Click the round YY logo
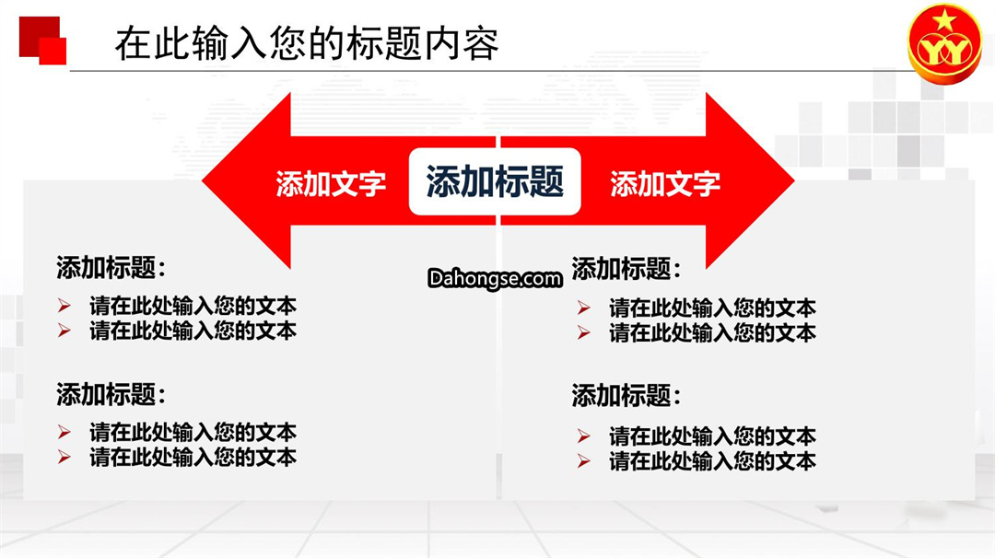[x=945, y=43]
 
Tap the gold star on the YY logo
[x=944, y=21]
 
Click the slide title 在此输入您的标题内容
[x=307, y=44]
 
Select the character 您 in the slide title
[x=288, y=44]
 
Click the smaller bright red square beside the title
[x=53, y=51]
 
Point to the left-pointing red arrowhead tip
[x=203, y=180]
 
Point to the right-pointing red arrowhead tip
[x=794, y=180]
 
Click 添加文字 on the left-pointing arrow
[x=331, y=184]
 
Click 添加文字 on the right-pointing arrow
[x=665, y=184]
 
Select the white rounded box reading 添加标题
[x=495, y=181]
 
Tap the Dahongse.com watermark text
[x=495, y=279]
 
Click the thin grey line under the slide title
[x=492, y=71]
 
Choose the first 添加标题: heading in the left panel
[x=111, y=268]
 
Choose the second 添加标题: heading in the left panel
[x=111, y=394]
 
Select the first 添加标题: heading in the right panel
[x=626, y=269]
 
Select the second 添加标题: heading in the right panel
[x=626, y=396]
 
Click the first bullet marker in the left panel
[x=64, y=306]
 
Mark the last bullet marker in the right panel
[x=584, y=461]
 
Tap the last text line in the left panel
[x=193, y=458]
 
